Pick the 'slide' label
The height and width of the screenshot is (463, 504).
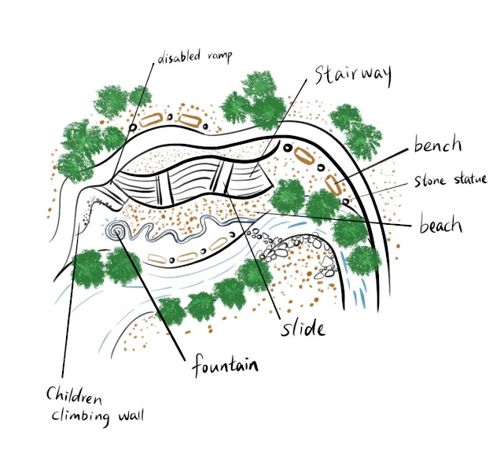303,328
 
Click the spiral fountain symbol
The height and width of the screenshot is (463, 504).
120,231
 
